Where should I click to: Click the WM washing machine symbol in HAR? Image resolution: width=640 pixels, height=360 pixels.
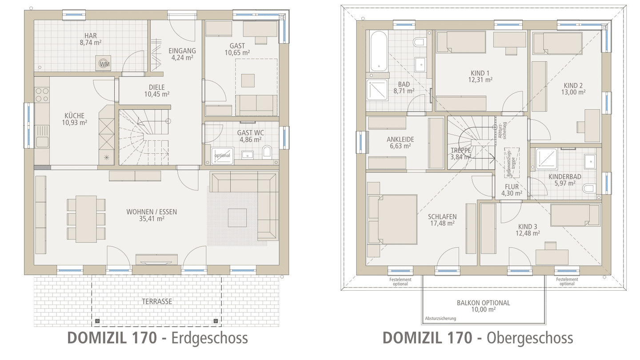[104, 64]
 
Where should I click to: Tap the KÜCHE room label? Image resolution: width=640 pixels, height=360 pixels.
[74, 116]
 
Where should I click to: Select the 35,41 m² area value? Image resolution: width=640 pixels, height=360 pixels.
[152, 219]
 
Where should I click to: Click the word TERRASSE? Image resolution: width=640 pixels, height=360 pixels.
[157, 301]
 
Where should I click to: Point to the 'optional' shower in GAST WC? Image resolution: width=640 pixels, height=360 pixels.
[222, 156]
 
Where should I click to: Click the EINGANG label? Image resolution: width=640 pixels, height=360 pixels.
[182, 51]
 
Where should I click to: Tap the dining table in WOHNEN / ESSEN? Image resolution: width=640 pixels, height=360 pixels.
[86, 219]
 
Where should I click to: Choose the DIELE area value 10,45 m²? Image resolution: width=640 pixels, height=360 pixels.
[157, 94]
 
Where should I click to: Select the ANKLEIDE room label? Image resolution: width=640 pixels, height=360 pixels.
[400, 140]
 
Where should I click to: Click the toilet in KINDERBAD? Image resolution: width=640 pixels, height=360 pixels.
[589, 188]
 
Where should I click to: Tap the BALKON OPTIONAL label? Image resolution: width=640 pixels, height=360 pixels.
[483, 303]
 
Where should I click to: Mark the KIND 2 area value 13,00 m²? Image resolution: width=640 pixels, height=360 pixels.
[573, 92]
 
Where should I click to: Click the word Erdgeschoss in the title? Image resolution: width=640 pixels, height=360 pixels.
[209, 338]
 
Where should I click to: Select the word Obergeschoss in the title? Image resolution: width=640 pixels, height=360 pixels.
[530, 338]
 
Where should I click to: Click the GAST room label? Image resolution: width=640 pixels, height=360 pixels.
[237, 46]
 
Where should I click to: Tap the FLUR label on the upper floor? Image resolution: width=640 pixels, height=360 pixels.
[512, 187]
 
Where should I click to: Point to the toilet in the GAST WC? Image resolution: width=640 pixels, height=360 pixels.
[267, 152]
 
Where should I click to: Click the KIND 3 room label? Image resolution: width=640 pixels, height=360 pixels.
[528, 227]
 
